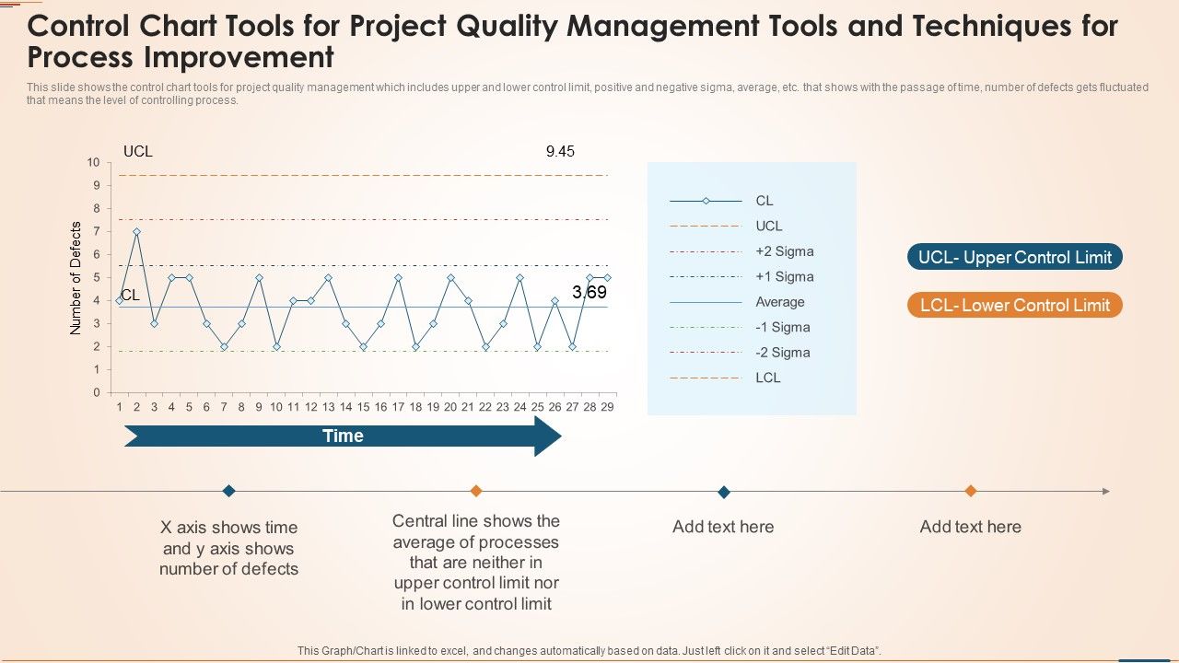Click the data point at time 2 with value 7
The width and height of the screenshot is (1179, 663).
click(136, 232)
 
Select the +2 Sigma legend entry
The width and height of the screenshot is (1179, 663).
click(784, 251)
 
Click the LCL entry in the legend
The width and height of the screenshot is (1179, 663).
click(767, 378)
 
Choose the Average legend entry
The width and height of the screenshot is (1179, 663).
click(779, 302)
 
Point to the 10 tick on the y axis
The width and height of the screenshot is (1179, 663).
click(93, 162)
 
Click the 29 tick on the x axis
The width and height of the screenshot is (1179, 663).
click(607, 406)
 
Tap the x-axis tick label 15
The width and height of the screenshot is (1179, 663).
click(363, 406)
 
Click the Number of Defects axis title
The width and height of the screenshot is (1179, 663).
click(76, 278)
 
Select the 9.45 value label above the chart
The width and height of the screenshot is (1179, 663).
click(560, 151)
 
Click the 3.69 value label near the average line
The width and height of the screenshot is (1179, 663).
click(589, 293)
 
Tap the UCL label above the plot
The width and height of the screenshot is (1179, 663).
click(138, 151)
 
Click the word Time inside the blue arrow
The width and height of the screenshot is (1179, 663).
click(343, 436)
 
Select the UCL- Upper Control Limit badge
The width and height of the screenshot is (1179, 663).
click(1014, 257)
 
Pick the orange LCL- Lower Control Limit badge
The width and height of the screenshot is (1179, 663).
click(1014, 305)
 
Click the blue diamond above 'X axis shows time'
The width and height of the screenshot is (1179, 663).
click(229, 491)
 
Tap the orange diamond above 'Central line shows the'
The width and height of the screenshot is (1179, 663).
click(476, 491)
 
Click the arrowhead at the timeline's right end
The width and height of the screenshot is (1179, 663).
click(1105, 492)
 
